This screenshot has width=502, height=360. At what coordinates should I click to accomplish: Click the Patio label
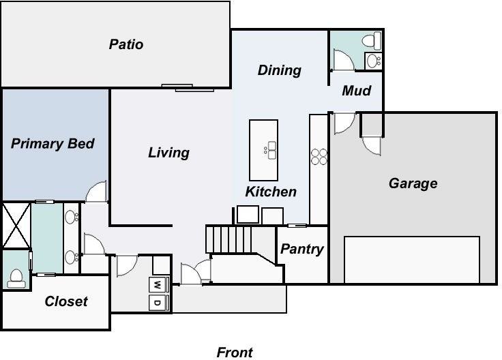[126, 44]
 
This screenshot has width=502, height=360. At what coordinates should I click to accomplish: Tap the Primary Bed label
[53, 144]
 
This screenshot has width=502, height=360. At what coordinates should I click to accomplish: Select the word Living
[168, 153]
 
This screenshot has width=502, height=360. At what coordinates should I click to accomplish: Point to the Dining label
[279, 70]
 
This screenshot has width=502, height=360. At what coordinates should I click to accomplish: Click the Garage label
[413, 183]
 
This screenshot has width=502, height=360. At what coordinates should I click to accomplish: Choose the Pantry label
[301, 249]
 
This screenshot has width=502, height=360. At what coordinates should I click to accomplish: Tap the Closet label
[66, 301]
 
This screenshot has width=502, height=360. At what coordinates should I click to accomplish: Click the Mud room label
[356, 90]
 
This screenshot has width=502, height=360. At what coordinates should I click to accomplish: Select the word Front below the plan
[235, 352]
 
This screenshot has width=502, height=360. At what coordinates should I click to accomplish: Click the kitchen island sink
[271, 150]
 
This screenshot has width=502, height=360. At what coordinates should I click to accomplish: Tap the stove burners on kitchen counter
[319, 156]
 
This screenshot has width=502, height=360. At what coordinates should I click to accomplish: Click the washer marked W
[157, 284]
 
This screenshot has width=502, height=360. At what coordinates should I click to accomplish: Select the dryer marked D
[157, 302]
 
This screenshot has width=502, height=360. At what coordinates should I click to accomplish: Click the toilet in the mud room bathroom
[372, 41]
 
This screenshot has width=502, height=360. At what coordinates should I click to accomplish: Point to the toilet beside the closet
[15, 277]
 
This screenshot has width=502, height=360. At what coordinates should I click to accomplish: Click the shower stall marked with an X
[16, 225]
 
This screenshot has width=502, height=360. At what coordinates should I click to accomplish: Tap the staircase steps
[228, 239]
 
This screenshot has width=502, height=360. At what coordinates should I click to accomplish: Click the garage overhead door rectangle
[411, 259]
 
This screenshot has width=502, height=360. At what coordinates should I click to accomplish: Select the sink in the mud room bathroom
[374, 61]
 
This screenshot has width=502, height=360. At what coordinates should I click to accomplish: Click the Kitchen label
[271, 192]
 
